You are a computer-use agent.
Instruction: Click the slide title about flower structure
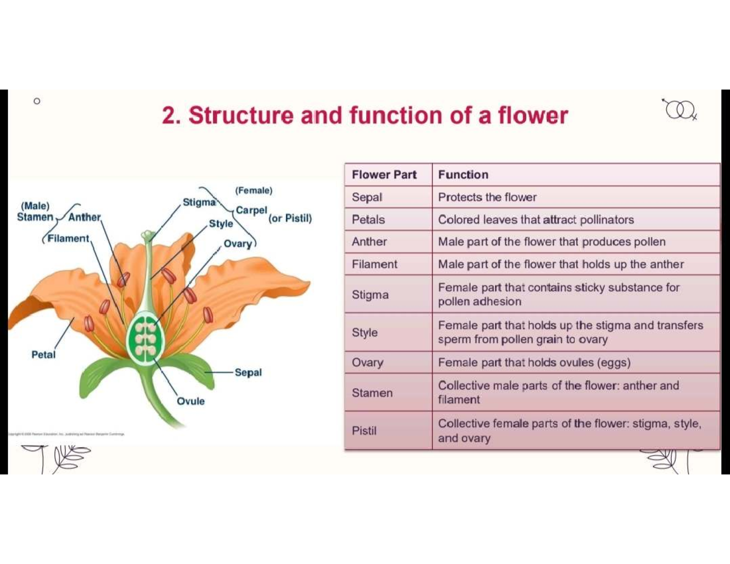364,116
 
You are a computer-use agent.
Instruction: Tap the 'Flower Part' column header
384,175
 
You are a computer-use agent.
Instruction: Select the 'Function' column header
463,175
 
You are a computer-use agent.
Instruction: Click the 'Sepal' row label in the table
367,198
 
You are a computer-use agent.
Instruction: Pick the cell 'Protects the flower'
487,198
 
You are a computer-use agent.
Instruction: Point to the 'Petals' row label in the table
368,220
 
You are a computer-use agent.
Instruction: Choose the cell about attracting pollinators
535,220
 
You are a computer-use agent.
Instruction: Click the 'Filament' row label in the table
374,265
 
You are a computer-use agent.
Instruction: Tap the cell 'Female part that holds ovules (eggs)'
534,363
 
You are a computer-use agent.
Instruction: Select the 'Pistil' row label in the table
364,431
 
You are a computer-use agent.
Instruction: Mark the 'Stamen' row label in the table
372,393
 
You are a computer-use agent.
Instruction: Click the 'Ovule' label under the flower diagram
191,402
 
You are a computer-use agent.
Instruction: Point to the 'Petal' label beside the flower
43,354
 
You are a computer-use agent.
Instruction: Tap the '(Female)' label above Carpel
254,190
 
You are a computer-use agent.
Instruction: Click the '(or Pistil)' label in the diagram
290,218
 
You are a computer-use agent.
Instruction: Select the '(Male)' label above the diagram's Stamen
35,206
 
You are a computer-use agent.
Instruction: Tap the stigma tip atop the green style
147,234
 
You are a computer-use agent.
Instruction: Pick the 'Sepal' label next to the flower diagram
248,372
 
